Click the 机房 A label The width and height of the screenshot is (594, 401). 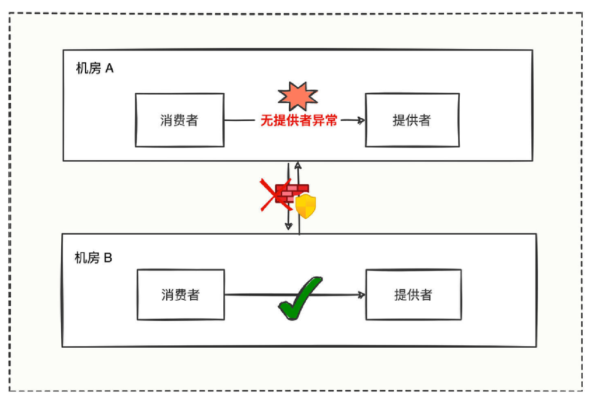click(x=95, y=68)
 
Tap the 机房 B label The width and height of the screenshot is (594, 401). click(x=93, y=258)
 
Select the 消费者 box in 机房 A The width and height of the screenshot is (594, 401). click(x=179, y=120)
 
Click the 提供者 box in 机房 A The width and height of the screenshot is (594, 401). click(x=412, y=120)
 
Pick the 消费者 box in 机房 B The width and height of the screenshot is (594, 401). click(x=180, y=295)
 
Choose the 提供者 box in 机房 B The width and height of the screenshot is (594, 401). click(x=413, y=295)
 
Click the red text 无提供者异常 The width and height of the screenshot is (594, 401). click(x=299, y=121)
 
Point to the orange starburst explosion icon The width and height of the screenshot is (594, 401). click(x=298, y=96)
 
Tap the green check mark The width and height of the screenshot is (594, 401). click(x=300, y=297)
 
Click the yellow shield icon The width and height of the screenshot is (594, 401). click(x=305, y=206)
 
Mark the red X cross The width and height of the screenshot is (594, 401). click(x=275, y=194)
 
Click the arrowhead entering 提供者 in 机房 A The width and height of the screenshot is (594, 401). click(x=361, y=121)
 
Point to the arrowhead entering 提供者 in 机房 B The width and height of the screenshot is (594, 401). click(x=361, y=295)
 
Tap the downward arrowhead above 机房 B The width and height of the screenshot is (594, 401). click(x=289, y=227)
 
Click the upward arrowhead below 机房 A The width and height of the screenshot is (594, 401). click(x=298, y=165)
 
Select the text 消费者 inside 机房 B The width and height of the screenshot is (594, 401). click(x=180, y=295)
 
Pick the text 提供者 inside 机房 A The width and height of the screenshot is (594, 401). click(x=412, y=120)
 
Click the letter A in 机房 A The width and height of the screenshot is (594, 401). click(x=109, y=68)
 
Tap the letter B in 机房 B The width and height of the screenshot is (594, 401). click(x=107, y=258)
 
